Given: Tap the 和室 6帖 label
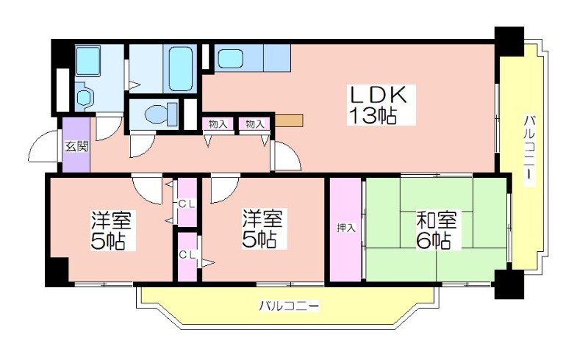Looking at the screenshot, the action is point(436,230).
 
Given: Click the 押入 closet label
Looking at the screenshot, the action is point(345,228).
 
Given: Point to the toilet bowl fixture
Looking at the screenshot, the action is point(160,114).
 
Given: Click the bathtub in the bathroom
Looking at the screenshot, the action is point(181,68).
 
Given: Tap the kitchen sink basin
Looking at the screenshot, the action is point(230,59).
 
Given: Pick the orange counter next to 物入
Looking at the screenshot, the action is point(289,120).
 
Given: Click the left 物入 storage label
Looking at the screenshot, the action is point(218,124).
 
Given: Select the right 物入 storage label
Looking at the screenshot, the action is point(254,124).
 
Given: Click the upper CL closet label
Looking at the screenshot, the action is point(187,204).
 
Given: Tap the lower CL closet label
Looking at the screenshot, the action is point(187,255).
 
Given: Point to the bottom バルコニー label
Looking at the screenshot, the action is point(289,306).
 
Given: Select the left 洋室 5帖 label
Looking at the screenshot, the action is point(111,231).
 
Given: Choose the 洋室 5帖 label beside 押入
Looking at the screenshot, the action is point(262,229).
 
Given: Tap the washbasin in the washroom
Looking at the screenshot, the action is point(84,98).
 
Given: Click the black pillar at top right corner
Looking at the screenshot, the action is point(509,41).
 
